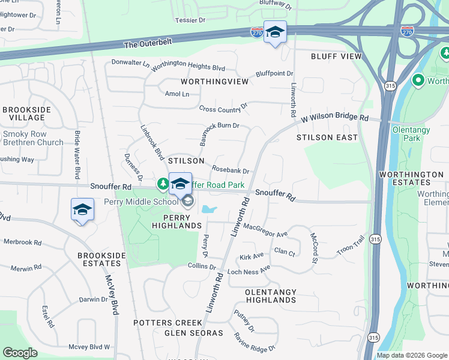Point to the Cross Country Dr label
click(223, 108)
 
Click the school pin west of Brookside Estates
click(82, 209)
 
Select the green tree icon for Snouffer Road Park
click(162, 183)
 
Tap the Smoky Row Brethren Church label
click(32, 138)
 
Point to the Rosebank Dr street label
click(231, 171)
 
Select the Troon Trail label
click(351, 247)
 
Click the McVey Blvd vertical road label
click(111, 294)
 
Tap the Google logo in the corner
click(20, 353)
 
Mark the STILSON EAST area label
click(327, 137)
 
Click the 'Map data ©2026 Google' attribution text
click(412, 355)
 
